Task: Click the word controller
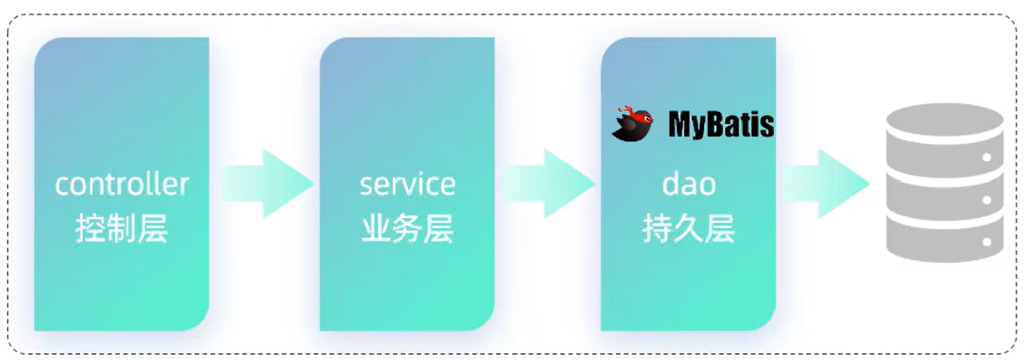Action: (x=121, y=184)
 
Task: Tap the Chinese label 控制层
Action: (x=121, y=229)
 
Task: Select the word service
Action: (x=408, y=183)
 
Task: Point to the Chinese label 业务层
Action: (x=408, y=229)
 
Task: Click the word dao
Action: (x=688, y=183)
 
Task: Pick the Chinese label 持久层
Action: (x=688, y=229)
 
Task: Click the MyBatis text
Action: (x=721, y=125)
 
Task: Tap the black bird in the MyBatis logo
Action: (x=633, y=126)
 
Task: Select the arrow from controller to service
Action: (x=267, y=183)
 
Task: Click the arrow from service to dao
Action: (x=549, y=183)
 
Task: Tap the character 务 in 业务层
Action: (x=408, y=229)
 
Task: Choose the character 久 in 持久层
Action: (x=688, y=229)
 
